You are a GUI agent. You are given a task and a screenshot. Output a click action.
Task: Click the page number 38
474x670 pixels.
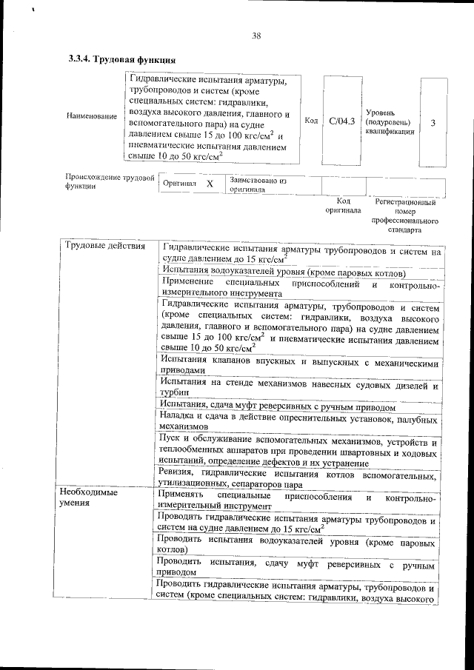(256, 35)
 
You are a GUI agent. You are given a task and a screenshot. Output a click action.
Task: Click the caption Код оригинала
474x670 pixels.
(343, 205)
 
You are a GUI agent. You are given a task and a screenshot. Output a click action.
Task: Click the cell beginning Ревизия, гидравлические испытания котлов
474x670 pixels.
(298, 478)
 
